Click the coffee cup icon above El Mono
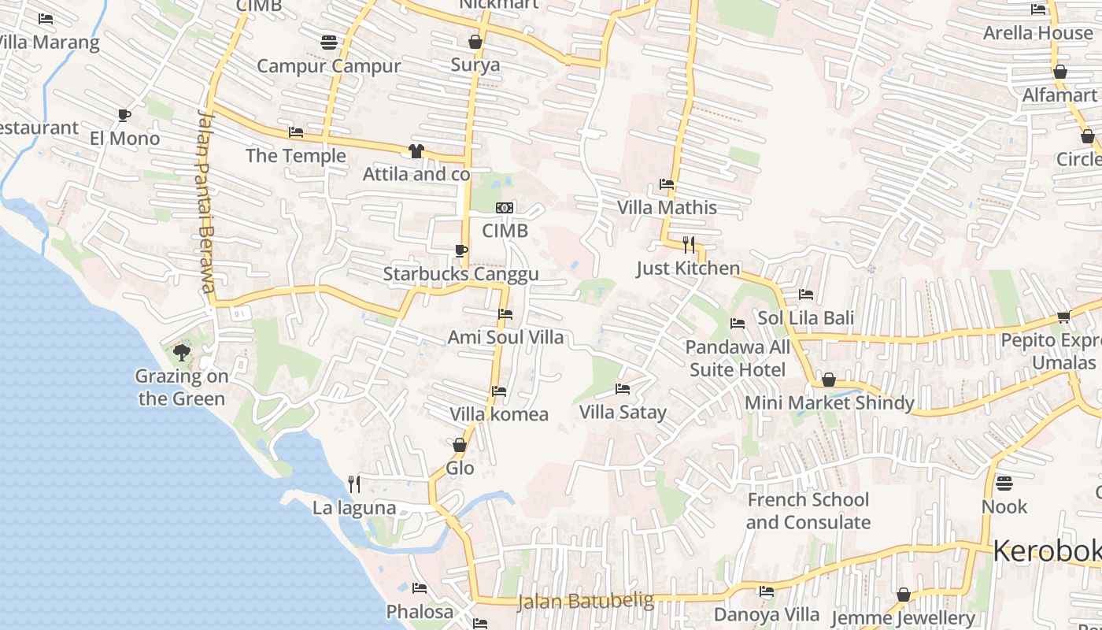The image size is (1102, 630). coord(124,115)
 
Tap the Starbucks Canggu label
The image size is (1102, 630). coord(460,274)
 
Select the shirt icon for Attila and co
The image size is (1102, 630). coord(416,151)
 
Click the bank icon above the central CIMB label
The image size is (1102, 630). coord(505,208)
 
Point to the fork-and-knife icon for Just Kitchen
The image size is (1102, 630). coord(689,244)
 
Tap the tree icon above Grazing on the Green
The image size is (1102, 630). coord(182,352)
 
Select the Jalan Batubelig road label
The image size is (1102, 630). coord(585,602)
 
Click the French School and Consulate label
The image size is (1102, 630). coord(808,511)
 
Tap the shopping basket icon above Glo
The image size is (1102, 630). coord(460,445)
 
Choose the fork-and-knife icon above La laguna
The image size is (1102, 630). coord(354,484)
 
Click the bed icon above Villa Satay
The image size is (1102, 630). coord(622,389)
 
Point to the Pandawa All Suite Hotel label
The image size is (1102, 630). coord(738,358)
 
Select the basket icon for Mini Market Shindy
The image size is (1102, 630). coord(828,380)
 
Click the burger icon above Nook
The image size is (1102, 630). coord(1004,483)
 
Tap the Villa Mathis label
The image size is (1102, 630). coord(667,208)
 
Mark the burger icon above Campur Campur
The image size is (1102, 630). coord(329,42)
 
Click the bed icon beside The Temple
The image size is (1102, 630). coord(296,132)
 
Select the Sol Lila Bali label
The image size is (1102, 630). coord(805,318)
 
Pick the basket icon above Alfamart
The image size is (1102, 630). coord(1059,72)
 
